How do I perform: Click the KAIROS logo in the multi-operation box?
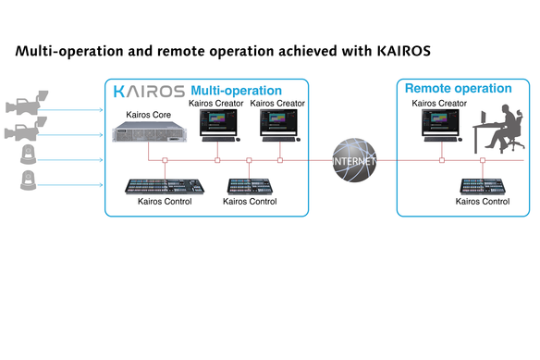148,91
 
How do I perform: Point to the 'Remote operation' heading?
458,89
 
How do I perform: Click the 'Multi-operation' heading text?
236,91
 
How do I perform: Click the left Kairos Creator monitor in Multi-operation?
216,126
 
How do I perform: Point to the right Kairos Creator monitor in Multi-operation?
277,126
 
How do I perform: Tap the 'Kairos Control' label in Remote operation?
484,200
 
